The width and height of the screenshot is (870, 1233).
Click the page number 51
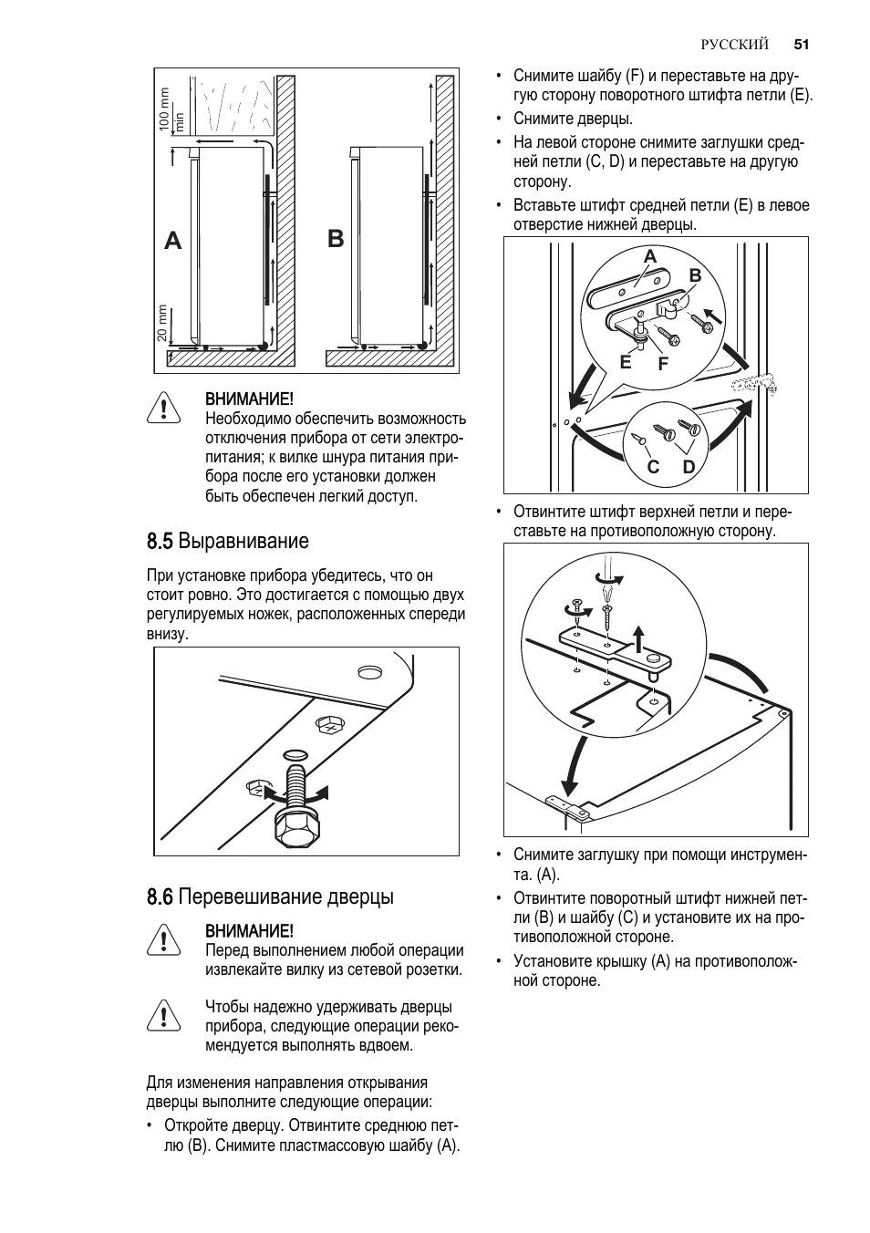point(802,44)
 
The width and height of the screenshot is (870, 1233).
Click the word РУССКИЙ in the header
point(735,44)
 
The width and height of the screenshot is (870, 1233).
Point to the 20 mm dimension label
point(162,324)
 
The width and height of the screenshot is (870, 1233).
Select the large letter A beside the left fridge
point(173,242)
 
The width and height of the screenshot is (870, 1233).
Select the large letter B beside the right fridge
point(336,239)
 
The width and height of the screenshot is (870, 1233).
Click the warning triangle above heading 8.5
point(161,408)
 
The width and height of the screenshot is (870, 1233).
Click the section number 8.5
point(159,541)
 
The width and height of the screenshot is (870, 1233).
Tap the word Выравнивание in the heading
point(243,541)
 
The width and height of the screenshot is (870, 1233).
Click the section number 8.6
point(159,896)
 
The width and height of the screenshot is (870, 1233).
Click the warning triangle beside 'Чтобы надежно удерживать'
point(161,1013)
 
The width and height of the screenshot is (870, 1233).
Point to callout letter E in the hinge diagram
point(625,362)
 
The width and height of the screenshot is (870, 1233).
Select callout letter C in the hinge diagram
point(653,467)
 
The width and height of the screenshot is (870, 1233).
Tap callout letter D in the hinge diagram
point(689,467)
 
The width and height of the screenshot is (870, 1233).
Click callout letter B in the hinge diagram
point(695,275)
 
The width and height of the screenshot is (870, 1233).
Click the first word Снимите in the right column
point(542,76)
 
